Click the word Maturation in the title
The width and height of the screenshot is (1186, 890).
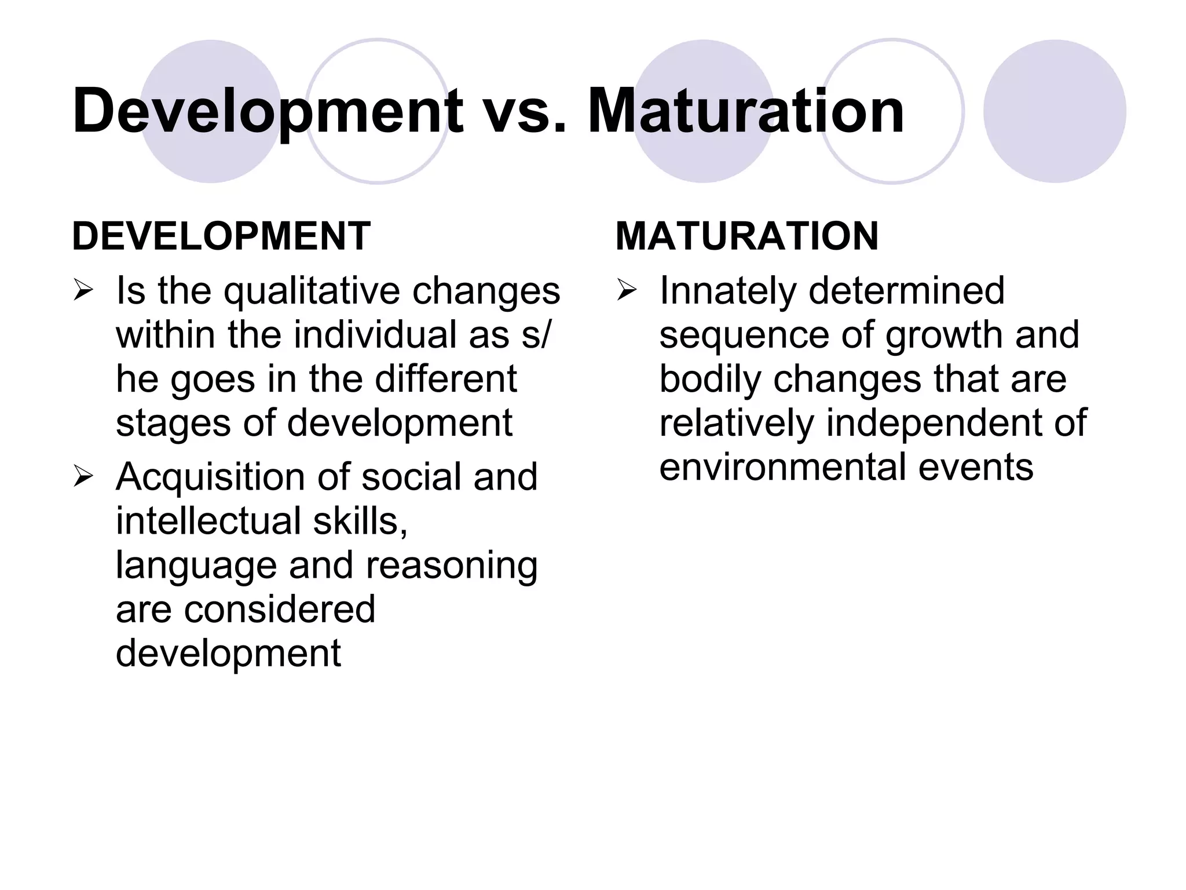pyautogui.click(x=746, y=110)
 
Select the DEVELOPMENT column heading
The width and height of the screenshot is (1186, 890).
pyautogui.click(x=221, y=236)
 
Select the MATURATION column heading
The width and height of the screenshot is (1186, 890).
pyautogui.click(x=747, y=236)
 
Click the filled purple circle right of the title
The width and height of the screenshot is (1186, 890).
pyautogui.click(x=1055, y=111)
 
